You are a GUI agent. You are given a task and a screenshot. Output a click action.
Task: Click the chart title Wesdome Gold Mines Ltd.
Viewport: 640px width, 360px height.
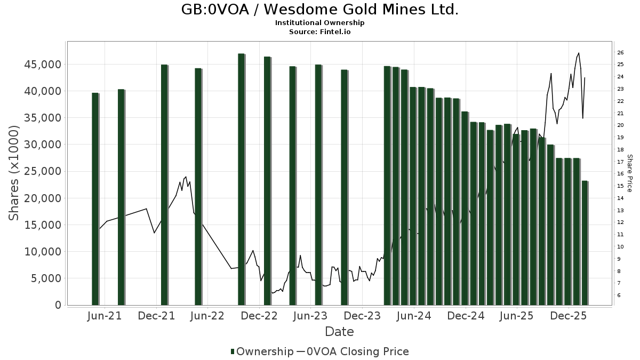tap(319, 10)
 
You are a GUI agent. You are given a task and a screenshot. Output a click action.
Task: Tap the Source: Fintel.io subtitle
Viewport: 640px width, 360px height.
tap(319, 31)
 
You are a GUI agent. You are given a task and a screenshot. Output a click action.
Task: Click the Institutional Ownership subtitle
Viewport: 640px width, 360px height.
tap(319, 23)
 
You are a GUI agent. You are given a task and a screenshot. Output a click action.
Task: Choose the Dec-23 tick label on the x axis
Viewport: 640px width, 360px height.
tap(362, 316)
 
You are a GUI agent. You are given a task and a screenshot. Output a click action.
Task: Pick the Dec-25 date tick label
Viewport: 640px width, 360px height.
tap(568, 316)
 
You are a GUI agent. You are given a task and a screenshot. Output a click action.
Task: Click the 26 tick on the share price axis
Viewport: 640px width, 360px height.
tap(620, 52)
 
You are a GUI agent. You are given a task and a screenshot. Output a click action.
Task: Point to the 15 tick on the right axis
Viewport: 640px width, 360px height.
tap(620, 186)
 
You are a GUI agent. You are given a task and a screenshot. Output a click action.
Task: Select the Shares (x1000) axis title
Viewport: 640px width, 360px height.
tap(14, 173)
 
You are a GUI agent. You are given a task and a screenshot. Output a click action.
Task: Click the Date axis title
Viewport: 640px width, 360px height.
tap(339, 332)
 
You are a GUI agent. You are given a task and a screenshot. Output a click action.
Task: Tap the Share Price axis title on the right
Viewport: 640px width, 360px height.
tap(629, 173)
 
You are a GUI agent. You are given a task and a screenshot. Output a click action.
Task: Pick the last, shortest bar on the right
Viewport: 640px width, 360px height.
tap(585, 243)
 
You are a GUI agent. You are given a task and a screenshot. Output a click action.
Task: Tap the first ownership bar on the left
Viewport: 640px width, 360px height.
tap(95, 198)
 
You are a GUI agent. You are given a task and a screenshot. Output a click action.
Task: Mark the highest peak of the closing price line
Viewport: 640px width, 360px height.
tap(579, 53)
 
